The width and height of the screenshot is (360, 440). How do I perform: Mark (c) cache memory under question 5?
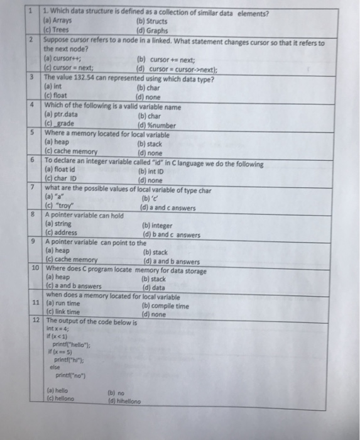click(71, 151)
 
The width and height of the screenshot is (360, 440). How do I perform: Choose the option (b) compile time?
click(165, 306)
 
